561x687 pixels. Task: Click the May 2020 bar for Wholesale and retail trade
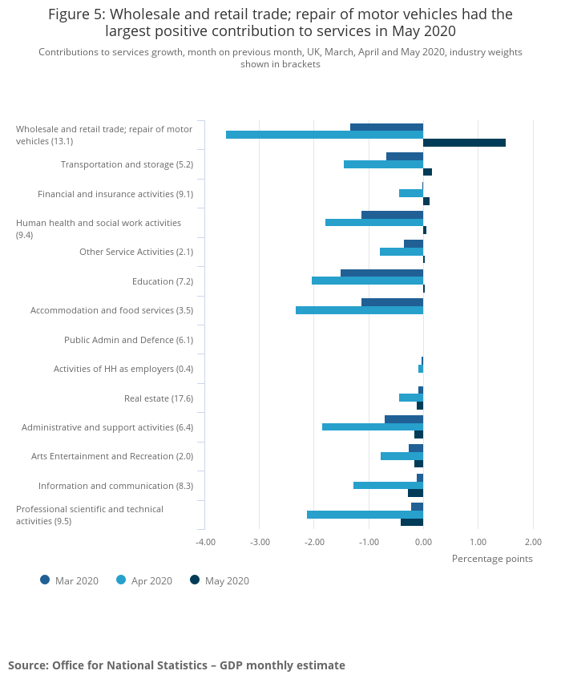coord(464,143)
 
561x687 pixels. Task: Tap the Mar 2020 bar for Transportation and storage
coord(405,156)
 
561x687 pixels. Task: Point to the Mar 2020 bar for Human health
coord(392,215)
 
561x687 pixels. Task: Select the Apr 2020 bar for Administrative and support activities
coord(373,426)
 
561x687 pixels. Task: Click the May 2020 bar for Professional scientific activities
coord(412,522)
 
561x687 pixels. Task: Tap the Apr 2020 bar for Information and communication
coord(388,485)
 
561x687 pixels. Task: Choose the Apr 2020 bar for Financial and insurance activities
coord(411,193)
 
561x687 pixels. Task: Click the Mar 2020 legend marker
coord(45,580)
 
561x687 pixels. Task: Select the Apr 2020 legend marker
coord(121,580)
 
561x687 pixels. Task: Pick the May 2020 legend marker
coord(195,580)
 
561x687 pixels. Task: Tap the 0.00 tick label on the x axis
coord(423,541)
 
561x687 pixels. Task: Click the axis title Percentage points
coord(492,559)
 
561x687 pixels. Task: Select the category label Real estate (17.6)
coord(159,398)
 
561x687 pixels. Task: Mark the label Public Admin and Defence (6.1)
coord(128,340)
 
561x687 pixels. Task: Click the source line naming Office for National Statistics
coord(176,665)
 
